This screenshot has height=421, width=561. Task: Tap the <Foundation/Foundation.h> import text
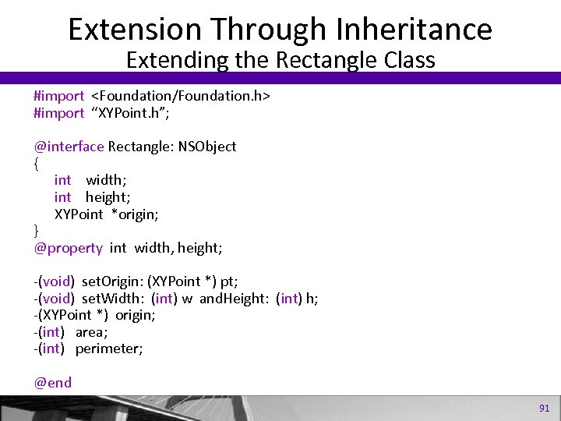(x=181, y=96)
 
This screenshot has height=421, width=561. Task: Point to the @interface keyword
(x=69, y=147)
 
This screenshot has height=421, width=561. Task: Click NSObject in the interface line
(x=206, y=147)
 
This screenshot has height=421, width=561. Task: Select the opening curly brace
(x=37, y=163)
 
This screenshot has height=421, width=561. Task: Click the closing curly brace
(x=37, y=231)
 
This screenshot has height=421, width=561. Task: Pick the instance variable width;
(x=106, y=181)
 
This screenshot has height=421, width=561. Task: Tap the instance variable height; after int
(x=108, y=197)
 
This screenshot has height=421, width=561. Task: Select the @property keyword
(x=68, y=248)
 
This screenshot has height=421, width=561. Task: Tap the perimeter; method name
(x=109, y=348)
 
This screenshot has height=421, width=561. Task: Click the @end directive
(x=52, y=382)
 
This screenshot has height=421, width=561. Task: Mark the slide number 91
(x=544, y=408)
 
